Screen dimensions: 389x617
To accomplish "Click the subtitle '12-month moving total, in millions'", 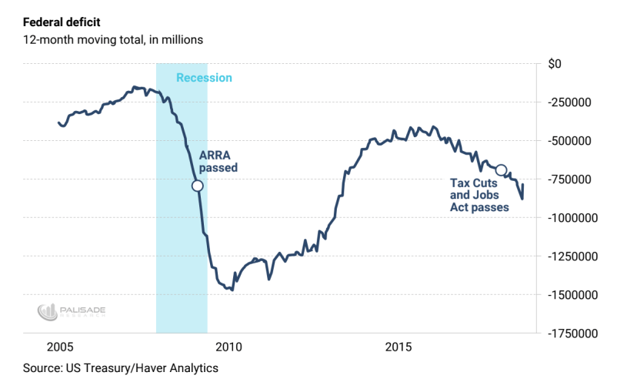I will (113, 39).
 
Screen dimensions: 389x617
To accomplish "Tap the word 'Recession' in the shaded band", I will (204, 78).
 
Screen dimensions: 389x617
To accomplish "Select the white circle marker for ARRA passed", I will (198, 186).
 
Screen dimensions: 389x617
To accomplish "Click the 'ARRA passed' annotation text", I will (218, 161).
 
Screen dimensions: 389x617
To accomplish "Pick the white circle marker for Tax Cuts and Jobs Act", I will (501, 170).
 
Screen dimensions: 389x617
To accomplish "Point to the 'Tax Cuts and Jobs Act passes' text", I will (479, 195).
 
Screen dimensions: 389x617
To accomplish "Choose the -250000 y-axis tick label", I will (572, 102).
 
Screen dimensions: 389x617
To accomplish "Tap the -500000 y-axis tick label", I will (572, 141).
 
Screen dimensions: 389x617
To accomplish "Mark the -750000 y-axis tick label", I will (572, 179).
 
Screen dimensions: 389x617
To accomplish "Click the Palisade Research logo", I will (72, 311).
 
